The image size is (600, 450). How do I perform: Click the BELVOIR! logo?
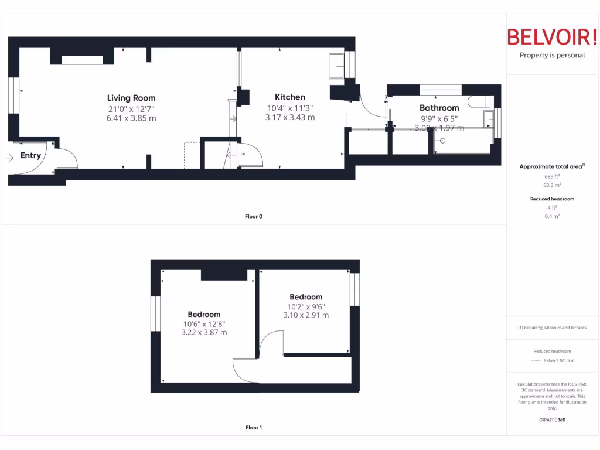click(552, 37)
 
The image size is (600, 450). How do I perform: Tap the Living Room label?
click(131, 98)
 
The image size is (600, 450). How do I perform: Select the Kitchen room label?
click(290, 97)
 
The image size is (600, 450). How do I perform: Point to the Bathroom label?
click(439, 108)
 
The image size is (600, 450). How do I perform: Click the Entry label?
click(30, 155)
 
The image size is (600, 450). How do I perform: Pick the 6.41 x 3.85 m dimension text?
click(131, 118)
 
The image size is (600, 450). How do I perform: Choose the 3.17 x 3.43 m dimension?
click(290, 117)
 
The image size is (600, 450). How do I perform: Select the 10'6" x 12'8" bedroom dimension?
click(204, 323)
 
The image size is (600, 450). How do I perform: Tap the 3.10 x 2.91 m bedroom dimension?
click(306, 315)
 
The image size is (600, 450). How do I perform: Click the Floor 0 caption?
click(254, 217)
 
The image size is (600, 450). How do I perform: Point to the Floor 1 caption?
click(254, 428)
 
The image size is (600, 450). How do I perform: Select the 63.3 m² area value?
click(553, 185)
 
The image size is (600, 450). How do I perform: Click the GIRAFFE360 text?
click(553, 420)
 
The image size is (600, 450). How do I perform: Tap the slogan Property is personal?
click(552, 56)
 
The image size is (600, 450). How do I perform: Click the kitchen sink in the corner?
click(337, 66)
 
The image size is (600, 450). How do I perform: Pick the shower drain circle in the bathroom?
click(443, 141)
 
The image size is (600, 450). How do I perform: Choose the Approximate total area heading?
click(551, 167)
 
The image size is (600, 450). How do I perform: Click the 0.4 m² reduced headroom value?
click(553, 216)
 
